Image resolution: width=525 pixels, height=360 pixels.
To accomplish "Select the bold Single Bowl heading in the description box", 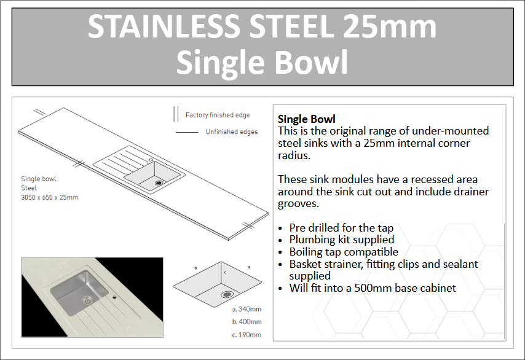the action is [306, 119].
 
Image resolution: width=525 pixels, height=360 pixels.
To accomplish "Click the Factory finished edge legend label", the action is [218, 115].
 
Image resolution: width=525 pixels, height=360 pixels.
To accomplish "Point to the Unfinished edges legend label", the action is [232, 132].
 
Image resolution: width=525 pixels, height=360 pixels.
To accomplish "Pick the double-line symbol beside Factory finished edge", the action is [176, 114].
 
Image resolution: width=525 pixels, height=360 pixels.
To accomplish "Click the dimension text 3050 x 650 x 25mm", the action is [50, 197].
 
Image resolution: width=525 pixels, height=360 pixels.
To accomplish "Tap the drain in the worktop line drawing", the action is [159, 183].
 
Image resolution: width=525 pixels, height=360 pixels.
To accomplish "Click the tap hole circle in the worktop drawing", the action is [151, 160].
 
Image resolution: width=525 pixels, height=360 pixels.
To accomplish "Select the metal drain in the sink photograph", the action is [88, 300].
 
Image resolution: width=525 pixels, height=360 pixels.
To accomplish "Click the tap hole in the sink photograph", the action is [114, 297].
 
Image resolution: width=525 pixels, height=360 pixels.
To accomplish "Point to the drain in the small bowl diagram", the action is [227, 294].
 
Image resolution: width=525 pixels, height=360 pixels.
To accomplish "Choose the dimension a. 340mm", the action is [247, 309].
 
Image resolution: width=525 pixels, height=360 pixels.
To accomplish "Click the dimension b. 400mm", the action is [247, 322].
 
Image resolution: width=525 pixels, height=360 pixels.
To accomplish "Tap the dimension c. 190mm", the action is [247, 335].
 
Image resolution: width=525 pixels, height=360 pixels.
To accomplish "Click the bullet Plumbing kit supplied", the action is [342, 240].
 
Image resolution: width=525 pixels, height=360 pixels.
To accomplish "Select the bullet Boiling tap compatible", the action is [344, 252].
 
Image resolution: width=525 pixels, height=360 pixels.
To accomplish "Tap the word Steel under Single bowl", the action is [29, 188].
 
